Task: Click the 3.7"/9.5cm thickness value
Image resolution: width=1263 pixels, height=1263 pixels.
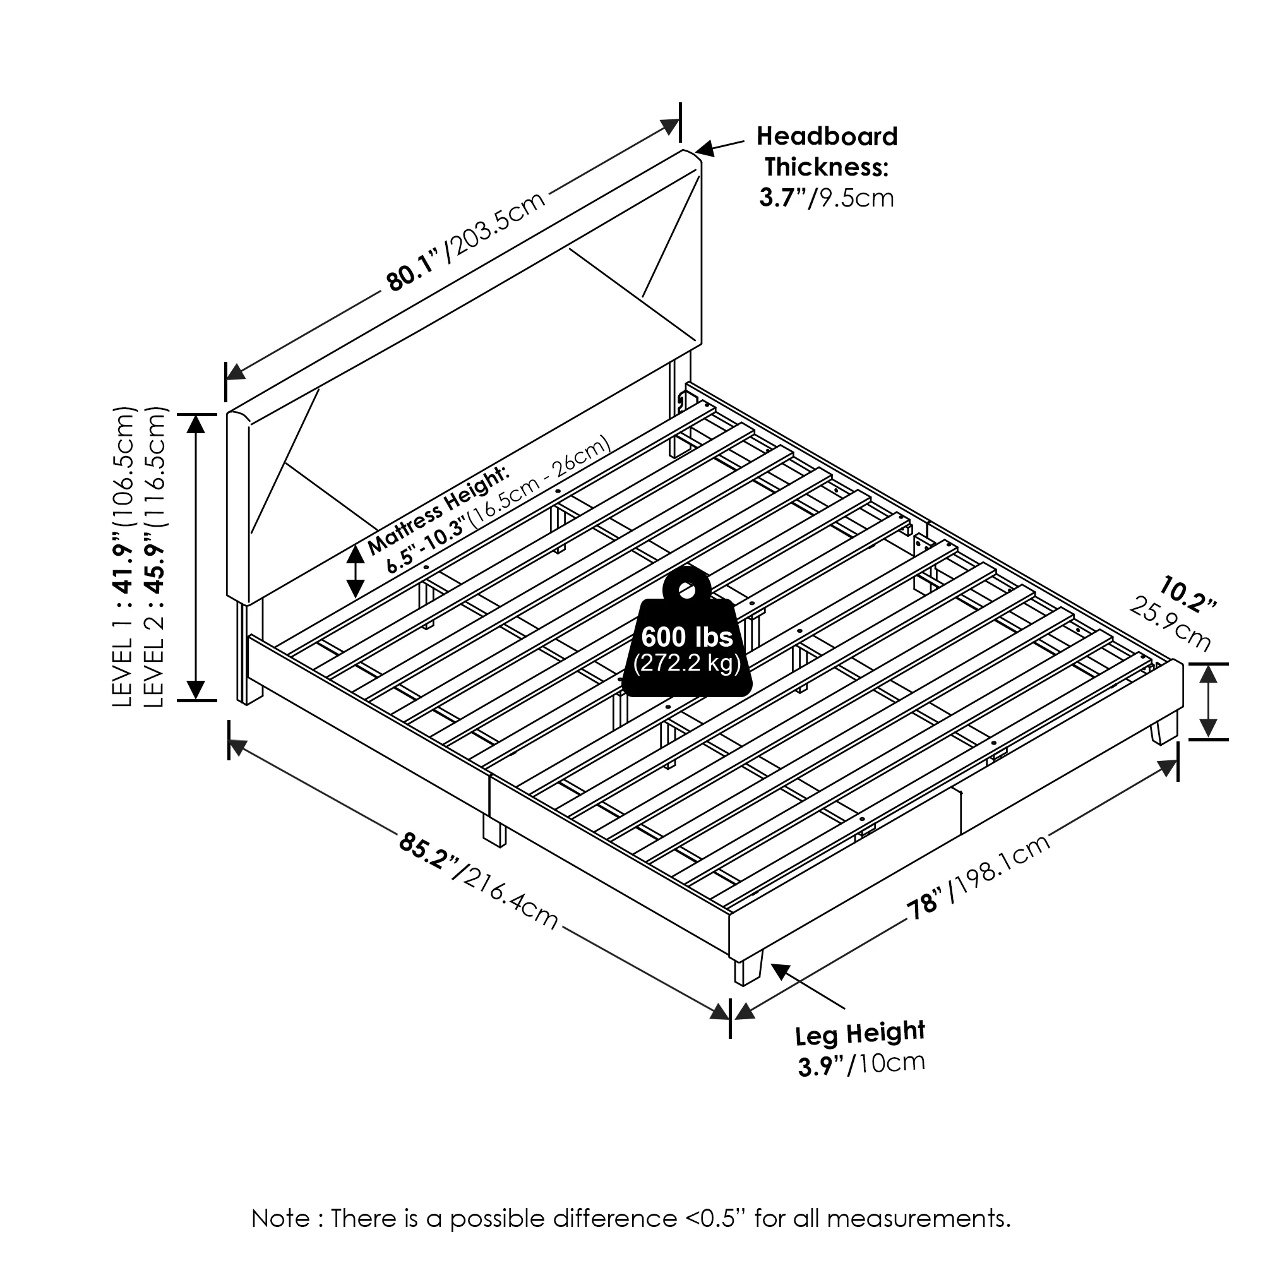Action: coord(826,198)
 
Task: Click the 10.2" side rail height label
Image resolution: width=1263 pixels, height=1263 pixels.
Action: coord(1188,594)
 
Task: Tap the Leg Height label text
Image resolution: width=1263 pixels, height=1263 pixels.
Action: coord(859,1034)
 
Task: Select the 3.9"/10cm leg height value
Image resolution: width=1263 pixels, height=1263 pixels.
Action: coord(861,1064)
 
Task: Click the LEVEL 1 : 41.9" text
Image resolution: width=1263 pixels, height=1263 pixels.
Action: coord(124,556)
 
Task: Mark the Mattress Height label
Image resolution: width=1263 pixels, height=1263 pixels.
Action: coord(438,510)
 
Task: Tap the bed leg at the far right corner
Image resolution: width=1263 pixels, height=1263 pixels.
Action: coord(1164,728)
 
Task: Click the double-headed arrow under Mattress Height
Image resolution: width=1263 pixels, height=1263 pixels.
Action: coord(355,572)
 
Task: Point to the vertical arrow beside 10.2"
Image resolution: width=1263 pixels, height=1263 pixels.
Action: coord(1208,701)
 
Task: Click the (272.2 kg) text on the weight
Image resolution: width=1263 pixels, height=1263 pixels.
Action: coord(686,664)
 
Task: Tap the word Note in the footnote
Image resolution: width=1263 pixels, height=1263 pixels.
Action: coord(281,1219)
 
